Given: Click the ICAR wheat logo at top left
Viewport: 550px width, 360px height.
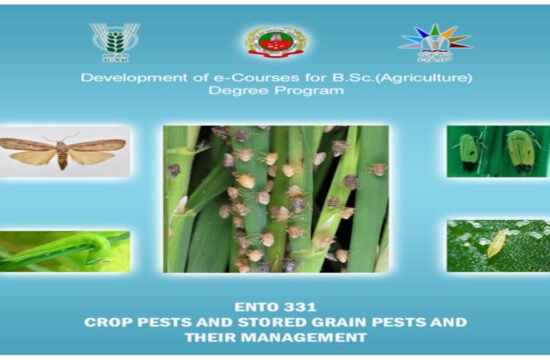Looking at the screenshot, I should tap(115, 41).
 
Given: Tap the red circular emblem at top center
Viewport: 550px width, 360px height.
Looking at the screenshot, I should tap(276, 42).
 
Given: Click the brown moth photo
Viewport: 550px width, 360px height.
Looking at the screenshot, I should tap(65, 151).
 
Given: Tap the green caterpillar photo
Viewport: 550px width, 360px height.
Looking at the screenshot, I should tap(65, 250).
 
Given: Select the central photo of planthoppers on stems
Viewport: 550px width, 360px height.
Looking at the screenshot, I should tap(276, 199).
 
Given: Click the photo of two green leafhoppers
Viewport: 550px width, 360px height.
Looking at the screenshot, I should tap(497, 151).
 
